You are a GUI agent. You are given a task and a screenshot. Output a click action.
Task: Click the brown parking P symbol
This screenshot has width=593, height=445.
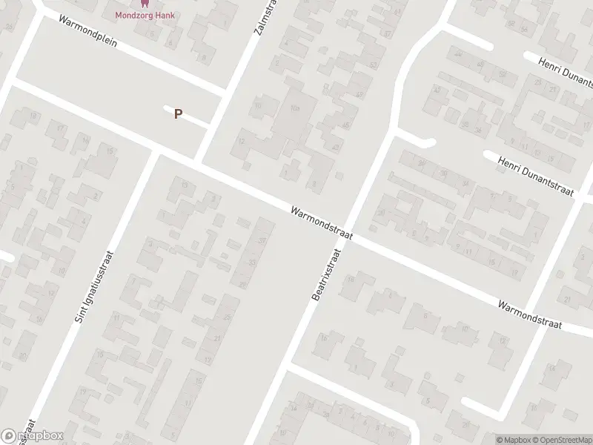178,113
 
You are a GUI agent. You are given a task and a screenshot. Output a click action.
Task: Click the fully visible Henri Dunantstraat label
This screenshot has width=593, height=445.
536,176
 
